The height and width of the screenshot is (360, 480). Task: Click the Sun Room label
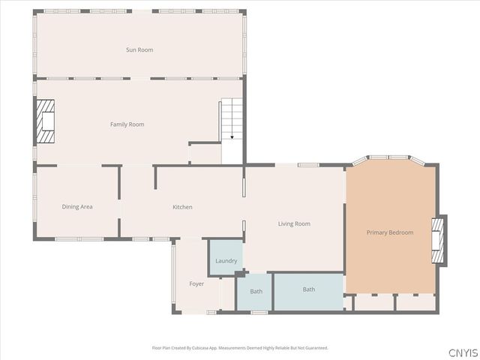139,49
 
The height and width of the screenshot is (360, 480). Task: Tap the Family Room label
127,124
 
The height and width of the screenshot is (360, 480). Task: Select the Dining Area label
77,206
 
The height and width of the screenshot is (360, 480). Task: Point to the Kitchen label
182,207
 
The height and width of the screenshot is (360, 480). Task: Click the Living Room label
294,223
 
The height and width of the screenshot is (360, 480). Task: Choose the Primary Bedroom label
389,232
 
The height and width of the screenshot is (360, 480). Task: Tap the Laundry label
226,261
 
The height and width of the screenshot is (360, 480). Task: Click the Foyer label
196,283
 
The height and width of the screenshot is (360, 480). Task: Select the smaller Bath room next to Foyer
256,292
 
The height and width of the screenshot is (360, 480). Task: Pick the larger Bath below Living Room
309,289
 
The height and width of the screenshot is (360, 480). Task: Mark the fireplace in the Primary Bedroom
438,239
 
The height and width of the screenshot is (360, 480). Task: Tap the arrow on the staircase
232,136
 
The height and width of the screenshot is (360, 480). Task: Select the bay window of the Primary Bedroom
390,157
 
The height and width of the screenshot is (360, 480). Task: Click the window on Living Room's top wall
309,165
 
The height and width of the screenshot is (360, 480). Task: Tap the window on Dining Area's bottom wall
79,239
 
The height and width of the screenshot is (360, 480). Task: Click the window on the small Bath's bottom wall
259,312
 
